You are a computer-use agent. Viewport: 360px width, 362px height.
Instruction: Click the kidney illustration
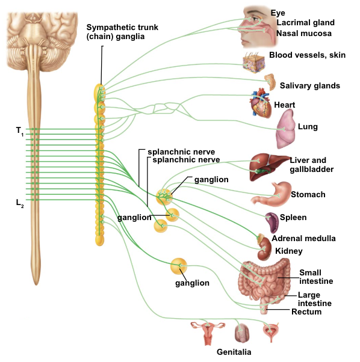pyautogui.click(x=265, y=246)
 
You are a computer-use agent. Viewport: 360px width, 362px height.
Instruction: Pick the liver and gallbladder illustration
pyautogui.click(x=265, y=167)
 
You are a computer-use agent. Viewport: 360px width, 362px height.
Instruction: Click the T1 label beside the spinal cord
pyautogui.click(x=20, y=130)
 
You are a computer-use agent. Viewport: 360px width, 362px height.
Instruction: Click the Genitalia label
pyautogui.click(x=234, y=352)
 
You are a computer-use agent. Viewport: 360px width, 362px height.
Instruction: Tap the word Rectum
pyautogui.click(x=306, y=311)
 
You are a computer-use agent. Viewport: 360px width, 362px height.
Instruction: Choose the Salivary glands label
pyautogui.click(x=309, y=85)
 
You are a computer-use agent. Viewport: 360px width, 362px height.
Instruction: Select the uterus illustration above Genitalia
pyautogui.click(x=206, y=330)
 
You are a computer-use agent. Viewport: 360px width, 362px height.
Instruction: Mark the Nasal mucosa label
pyautogui.click(x=303, y=34)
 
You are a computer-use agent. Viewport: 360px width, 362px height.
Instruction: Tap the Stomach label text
pyautogui.click(x=308, y=194)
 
